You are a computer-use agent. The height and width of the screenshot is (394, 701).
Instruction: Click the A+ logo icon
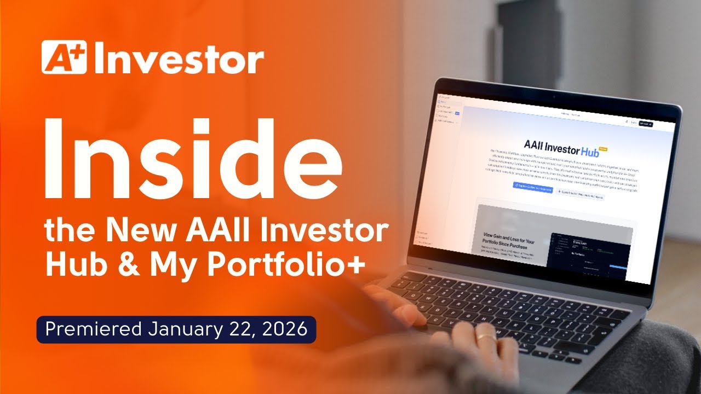coord(65,58)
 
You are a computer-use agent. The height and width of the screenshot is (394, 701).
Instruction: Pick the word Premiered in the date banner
coord(94,329)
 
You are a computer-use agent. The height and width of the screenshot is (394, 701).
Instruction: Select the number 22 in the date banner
coord(241,329)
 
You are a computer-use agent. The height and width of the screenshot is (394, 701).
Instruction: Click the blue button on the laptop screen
coord(532,187)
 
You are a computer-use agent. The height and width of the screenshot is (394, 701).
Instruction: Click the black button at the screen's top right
coord(646,124)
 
